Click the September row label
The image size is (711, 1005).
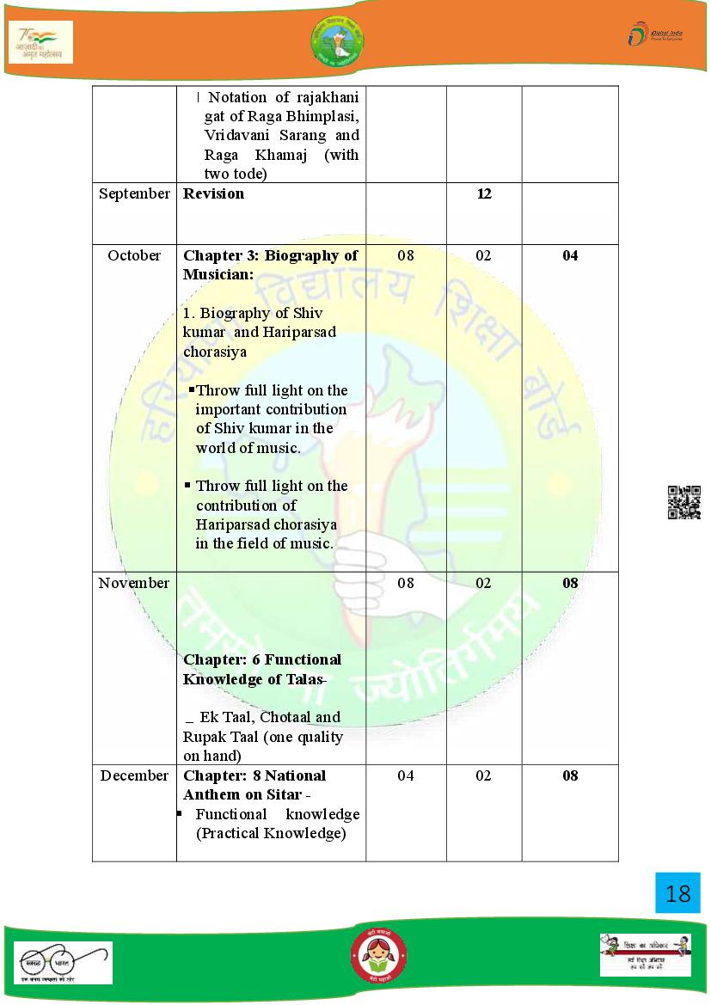(x=134, y=193)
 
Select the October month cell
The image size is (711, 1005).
(x=134, y=255)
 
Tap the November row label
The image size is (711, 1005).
(x=134, y=583)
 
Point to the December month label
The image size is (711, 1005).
(x=134, y=775)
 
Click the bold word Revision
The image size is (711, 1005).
(x=214, y=193)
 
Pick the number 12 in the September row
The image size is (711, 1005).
(x=484, y=193)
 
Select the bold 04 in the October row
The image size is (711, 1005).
(x=570, y=255)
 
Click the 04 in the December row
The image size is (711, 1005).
(x=406, y=775)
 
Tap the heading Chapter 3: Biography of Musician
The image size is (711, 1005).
(x=270, y=265)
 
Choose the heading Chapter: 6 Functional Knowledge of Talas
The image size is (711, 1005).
(x=262, y=669)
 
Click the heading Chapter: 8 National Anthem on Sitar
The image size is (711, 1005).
(x=254, y=785)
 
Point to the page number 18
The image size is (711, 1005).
(x=677, y=893)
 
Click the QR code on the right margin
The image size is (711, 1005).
(x=684, y=502)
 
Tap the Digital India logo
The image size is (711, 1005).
(x=654, y=35)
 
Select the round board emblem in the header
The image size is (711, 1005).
(x=337, y=40)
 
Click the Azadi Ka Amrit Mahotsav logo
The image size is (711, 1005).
(x=40, y=41)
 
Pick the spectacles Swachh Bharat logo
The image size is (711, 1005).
(x=62, y=962)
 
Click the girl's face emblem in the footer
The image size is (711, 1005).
(x=378, y=957)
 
